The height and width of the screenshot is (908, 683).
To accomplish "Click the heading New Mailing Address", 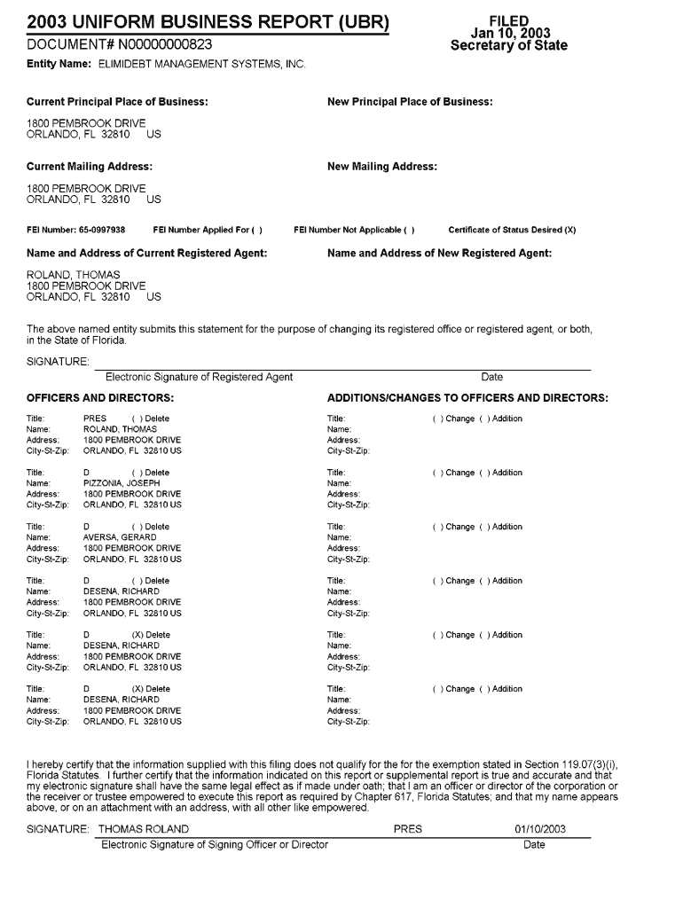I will pos(381,167).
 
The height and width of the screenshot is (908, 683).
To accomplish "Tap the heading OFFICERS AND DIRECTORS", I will pos(99,398).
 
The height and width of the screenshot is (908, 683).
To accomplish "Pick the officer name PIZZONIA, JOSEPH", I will pos(122,483).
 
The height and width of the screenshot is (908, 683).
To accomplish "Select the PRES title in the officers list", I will pos(94,419).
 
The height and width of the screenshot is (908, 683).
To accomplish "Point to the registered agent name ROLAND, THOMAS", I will pos(74,275).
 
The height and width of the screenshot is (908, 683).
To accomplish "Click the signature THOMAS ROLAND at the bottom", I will pos(144,829).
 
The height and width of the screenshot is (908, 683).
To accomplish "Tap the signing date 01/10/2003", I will pos(539,829).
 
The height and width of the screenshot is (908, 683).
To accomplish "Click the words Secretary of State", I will pos(508,46).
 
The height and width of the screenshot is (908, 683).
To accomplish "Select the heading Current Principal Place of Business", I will pos(117,102).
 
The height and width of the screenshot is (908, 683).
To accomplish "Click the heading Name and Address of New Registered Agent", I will pos(439,254).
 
